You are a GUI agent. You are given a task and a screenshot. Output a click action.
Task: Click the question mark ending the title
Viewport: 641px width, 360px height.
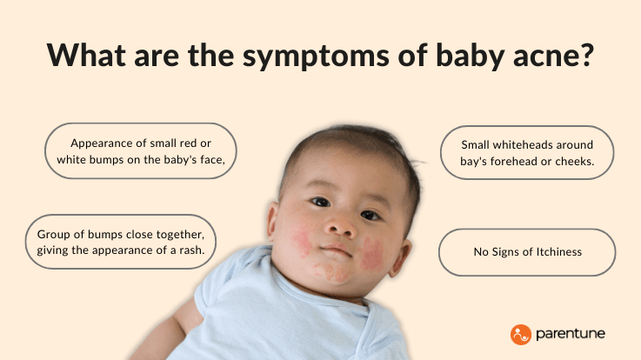[585, 56]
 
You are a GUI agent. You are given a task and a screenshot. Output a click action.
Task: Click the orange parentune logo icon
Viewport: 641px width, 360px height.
[520, 333]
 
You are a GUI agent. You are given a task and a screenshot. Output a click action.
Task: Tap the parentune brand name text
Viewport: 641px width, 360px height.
[571, 334]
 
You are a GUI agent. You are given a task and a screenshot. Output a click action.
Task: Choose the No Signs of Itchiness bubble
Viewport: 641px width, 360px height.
[527, 252]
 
